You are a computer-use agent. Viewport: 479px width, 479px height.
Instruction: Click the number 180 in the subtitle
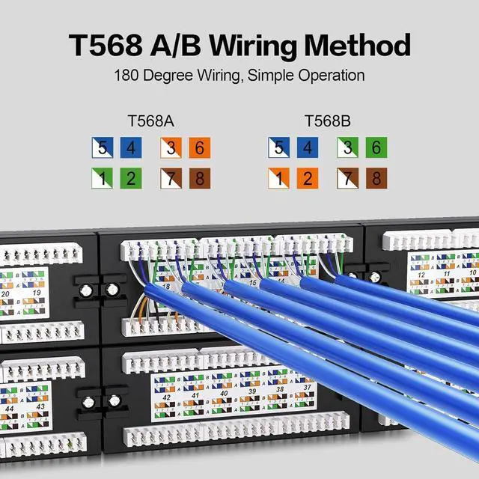click(x=128, y=76)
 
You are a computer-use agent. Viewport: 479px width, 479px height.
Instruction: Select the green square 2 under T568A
click(x=131, y=178)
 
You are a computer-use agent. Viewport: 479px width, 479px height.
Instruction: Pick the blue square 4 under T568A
click(x=131, y=148)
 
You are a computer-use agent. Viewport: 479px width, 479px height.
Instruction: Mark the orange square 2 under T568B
click(x=307, y=178)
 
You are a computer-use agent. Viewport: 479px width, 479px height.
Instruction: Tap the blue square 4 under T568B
click(x=307, y=148)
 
